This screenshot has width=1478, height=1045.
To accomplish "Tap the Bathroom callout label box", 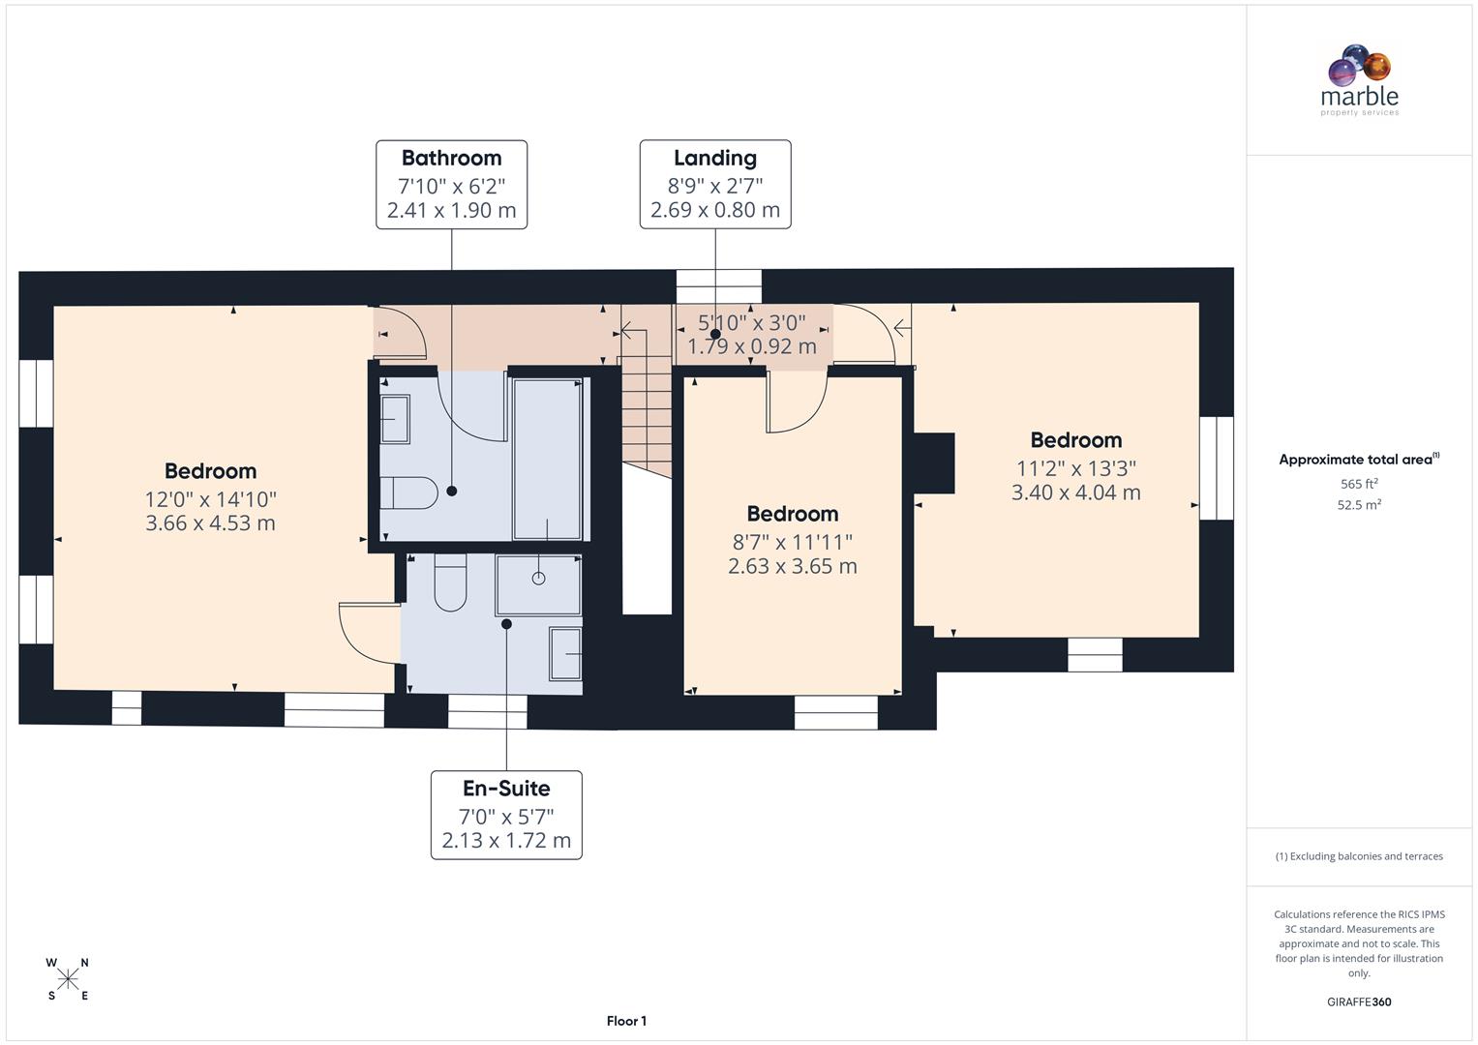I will [451, 184].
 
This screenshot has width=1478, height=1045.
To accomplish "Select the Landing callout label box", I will [714, 184].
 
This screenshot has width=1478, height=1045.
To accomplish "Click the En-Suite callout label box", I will [506, 815].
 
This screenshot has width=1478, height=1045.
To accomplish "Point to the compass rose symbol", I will [68, 979].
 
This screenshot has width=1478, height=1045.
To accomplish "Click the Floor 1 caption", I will [626, 1021].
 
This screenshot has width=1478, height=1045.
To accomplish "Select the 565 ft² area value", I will [1359, 484].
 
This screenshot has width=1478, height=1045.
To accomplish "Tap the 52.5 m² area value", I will [1359, 504].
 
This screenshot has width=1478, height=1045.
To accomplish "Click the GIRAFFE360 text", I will [1359, 1001].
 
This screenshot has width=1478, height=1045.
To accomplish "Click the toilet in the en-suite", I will [450, 582].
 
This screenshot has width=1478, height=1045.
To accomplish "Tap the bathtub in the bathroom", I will [548, 459].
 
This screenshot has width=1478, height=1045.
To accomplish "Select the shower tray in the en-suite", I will [538, 584].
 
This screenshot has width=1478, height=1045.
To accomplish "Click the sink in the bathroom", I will [395, 419].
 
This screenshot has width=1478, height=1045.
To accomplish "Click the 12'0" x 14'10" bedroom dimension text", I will [210, 499].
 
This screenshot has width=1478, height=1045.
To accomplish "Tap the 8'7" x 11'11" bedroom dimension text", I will [792, 542].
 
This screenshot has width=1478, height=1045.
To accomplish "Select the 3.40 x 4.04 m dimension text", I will [1075, 493].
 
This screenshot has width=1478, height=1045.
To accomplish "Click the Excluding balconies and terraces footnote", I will [1359, 856].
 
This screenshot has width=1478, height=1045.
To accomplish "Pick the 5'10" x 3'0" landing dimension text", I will [751, 322].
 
